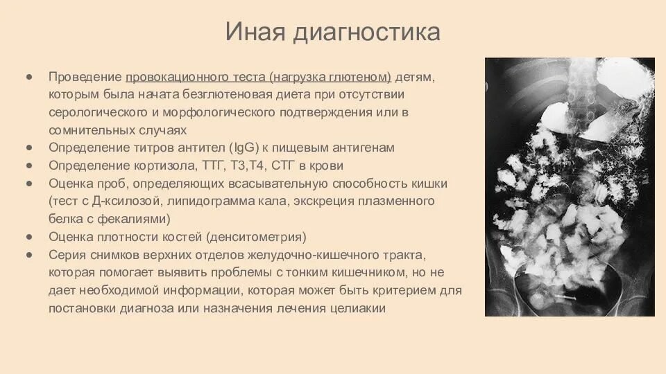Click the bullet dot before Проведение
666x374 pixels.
click(x=29, y=75)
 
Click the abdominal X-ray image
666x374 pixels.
click(x=569, y=187)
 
